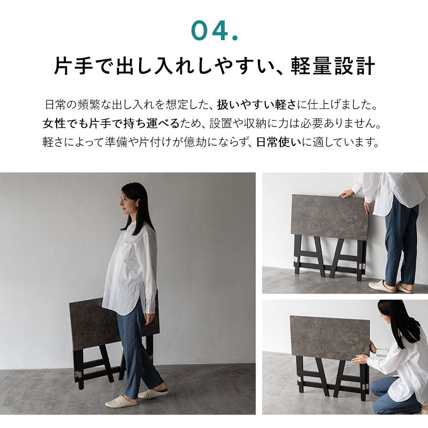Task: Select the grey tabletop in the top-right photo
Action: point(329,216)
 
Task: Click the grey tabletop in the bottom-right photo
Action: point(329,337)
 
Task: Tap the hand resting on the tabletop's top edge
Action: point(347,194)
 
